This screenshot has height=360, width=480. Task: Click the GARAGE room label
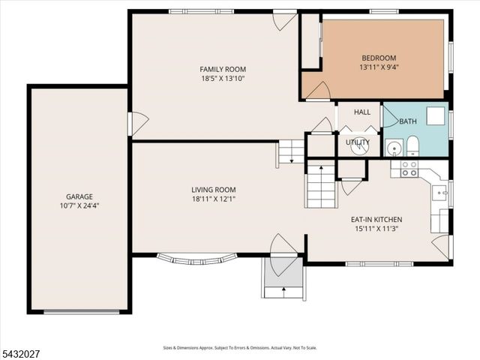click(79, 196)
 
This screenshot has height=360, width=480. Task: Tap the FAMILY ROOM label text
click(223, 70)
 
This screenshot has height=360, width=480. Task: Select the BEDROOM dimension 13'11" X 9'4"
click(379, 67)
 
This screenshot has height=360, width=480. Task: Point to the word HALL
click(362, 112)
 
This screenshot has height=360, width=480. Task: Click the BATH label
click(408, 121)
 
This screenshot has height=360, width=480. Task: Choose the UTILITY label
click(358, 142)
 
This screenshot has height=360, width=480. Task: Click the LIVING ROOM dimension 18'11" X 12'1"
click(214, 199)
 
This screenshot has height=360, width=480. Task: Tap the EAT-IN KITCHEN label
click(376, 220)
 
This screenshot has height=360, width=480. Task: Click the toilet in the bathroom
click(412, 146)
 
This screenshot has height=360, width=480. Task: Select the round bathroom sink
click(394, 148)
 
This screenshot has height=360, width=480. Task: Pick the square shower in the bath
click(436, 116)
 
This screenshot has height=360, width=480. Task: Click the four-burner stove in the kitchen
click(409, 169)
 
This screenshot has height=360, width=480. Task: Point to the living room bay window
click(197, 259)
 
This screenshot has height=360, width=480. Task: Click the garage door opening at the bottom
click(82, 312)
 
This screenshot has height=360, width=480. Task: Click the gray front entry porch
click(283, 271)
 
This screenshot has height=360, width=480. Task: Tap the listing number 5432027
click(20, 355)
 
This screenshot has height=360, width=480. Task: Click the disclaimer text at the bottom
click(240, 348)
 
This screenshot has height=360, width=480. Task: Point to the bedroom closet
click(310, 41)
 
